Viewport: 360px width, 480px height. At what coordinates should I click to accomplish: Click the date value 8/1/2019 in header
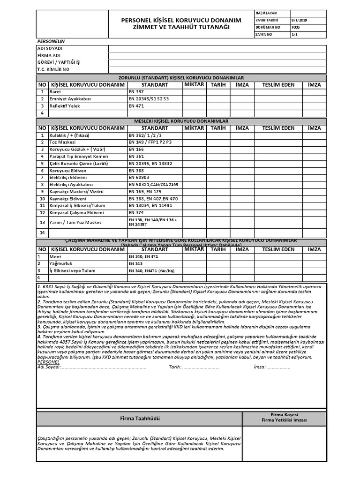click(x=299, y=21)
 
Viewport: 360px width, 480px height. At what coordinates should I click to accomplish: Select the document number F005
click(x=295, y=28)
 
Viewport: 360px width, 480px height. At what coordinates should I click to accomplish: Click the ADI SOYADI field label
click(x=50, y=49)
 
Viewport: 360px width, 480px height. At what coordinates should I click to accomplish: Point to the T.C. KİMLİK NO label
click(x=53, y=69)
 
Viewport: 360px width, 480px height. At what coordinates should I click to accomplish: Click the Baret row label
click(x=55, y=92)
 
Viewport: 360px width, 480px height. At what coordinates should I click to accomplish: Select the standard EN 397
click(x=136, y=92)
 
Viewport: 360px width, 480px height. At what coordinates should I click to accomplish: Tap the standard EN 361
click(x=136, y=156)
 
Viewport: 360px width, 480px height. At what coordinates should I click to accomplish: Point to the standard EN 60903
click(x=139, y=178)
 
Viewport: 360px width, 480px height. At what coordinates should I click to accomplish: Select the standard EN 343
click(x=136, y=264)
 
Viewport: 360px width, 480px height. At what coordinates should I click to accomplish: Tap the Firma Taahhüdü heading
click(x=139, y=418)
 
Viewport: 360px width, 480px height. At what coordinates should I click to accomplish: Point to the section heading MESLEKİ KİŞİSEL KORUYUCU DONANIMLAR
click(x=181, y=121)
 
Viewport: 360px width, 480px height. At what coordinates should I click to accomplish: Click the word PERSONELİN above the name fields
click(x=50, y=42)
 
